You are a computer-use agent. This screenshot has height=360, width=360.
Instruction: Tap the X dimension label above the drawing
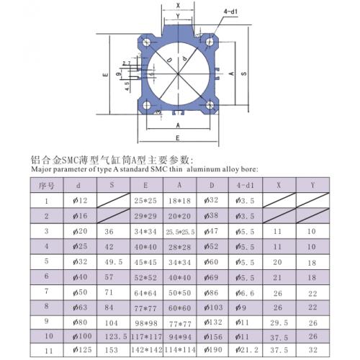tap(178, 5)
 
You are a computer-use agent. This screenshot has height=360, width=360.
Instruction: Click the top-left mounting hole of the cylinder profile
tap(147, 42)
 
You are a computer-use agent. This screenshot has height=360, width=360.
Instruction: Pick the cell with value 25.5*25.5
tap(181, 232)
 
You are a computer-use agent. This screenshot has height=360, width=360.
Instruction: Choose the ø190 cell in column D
tap(213, 351)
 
